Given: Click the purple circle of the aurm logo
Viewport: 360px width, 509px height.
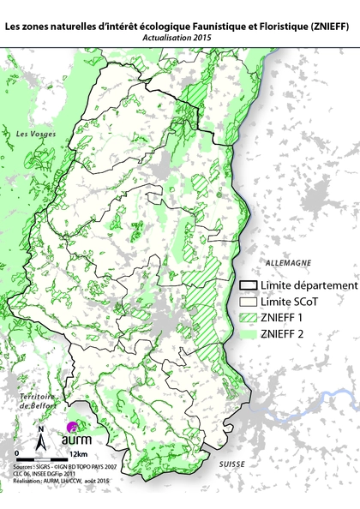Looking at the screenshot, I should tap(73, 425).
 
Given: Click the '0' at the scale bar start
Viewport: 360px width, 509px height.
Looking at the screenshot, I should tap(16, 452).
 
